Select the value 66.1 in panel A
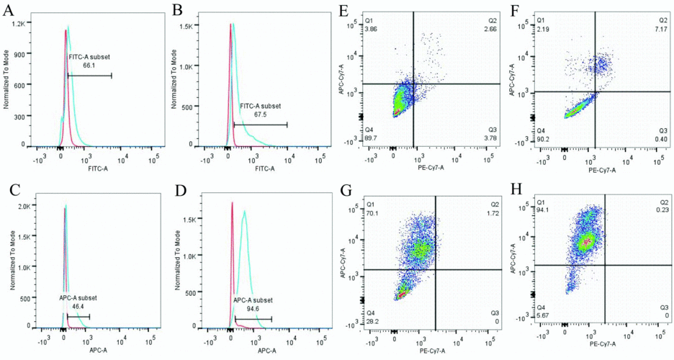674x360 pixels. click(90, 65)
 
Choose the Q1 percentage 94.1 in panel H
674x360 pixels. click(542, 211)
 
